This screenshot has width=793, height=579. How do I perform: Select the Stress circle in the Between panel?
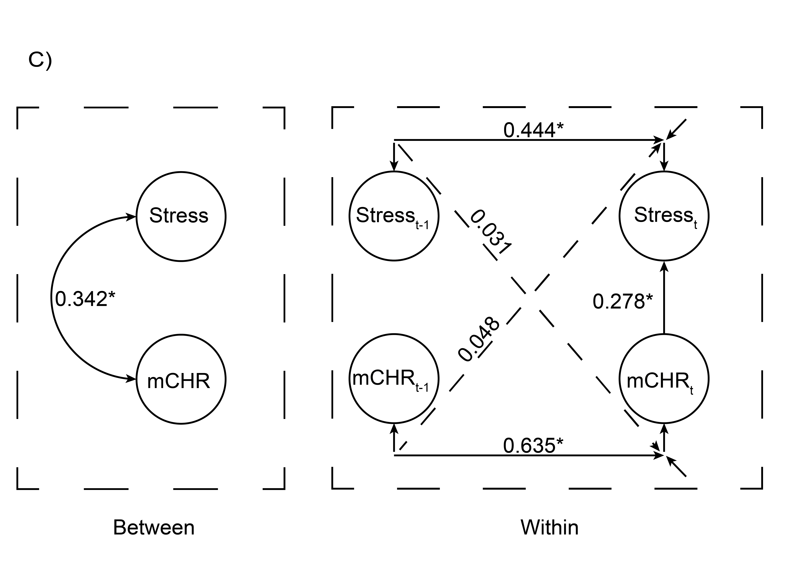(x=181, y=216)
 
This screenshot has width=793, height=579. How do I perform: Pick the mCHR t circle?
(x=664, y=379)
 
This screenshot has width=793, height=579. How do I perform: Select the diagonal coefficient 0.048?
(x=479, y=339)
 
